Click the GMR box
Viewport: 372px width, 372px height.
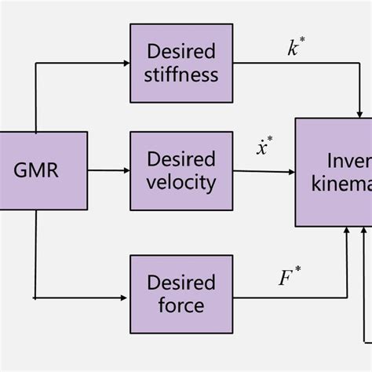point(36,170)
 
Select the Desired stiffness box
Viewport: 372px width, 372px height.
point(181,63)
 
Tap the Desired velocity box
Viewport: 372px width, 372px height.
point(181,170)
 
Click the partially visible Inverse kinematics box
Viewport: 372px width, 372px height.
point(334,172)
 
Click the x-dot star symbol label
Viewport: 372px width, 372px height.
point(264,146)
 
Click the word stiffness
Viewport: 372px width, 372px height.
point(181,75)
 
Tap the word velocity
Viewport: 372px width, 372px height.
point(181,184)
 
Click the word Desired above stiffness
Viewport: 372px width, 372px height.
point(181,51)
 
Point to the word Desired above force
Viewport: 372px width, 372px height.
point(181,281)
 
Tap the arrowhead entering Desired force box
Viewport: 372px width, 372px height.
point(124,298)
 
